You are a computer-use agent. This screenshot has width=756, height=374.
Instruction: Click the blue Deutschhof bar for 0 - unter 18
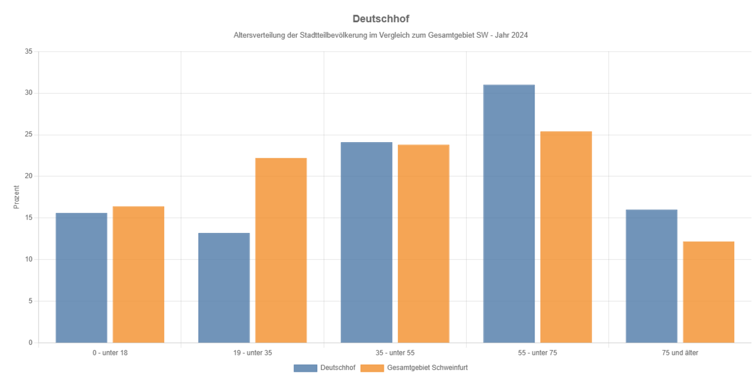pos(82,278)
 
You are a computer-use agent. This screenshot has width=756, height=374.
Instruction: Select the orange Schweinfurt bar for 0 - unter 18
pos(138,274)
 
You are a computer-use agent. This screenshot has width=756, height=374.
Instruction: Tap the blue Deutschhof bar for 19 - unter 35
pos(224,288)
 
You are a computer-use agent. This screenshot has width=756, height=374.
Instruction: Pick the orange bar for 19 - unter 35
pos(281,250)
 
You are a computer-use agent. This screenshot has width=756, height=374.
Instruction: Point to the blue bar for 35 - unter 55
pos(366,242)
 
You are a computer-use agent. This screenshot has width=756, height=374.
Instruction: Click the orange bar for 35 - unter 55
pos(423,244)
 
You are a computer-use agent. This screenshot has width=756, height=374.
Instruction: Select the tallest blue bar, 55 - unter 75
pos(509,214)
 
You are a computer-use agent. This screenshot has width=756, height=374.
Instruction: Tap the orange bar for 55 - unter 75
pos(566,237)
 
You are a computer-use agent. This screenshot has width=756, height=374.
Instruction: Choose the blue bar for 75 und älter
pos(652,276)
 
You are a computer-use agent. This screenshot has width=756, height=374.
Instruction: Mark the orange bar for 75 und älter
pos(709,292)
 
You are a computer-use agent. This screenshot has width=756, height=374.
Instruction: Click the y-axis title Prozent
pos(17,197)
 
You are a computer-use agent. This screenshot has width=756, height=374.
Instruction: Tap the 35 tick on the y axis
pos(29,52)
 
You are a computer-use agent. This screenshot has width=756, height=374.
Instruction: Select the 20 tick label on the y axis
pos(29,177)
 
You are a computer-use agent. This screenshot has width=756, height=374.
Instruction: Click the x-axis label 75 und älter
pos(680,353)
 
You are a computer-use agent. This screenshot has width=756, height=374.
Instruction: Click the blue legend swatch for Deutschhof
pos(305,368)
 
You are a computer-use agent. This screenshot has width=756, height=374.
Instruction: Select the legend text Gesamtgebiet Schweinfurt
pos(427,368)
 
